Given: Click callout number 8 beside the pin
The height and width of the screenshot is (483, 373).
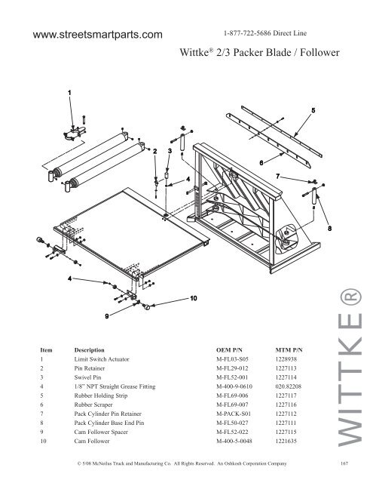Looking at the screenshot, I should pos(329,228).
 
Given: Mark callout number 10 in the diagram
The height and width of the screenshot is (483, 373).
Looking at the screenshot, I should pos(193,298).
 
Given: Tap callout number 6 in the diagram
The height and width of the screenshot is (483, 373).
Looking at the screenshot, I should pos(261,162).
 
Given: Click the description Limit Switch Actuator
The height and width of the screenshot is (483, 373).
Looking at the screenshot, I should pos(102,361).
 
